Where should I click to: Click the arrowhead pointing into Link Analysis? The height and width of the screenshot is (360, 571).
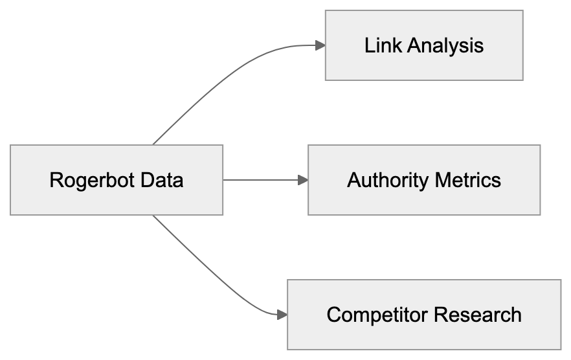click(319, 45)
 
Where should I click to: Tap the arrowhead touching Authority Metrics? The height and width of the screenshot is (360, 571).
click(302, 180)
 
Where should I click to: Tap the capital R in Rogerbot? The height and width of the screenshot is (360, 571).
click(55, 180)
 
